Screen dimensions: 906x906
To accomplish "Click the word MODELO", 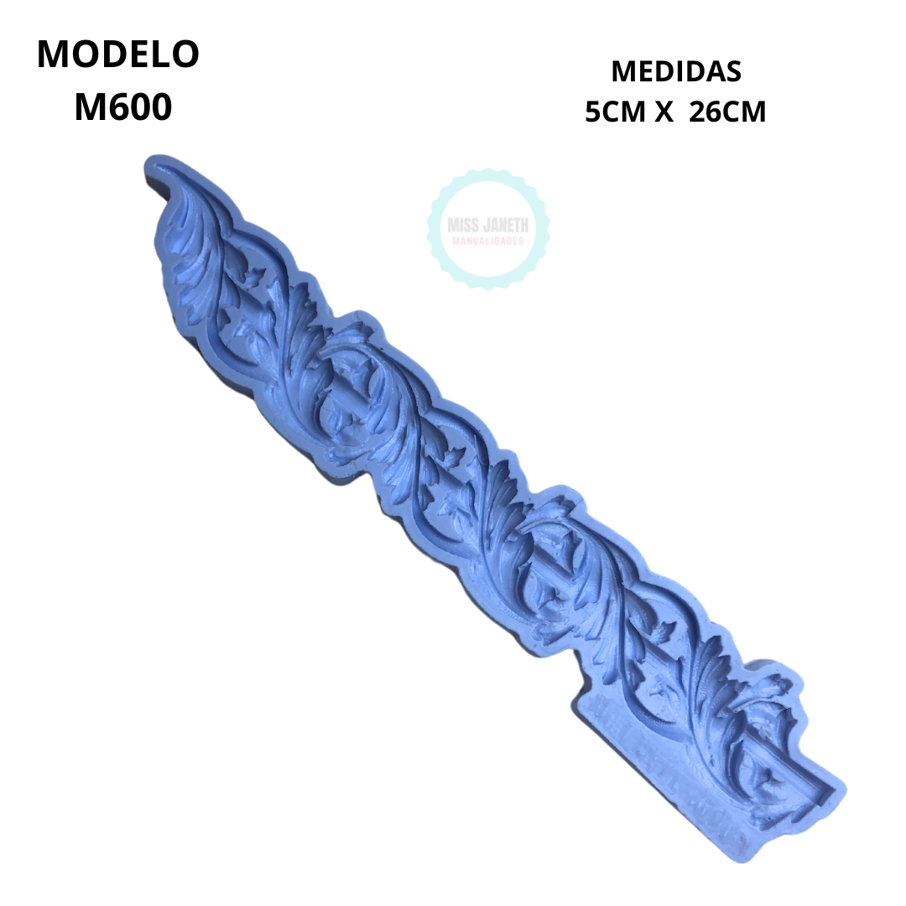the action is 118,55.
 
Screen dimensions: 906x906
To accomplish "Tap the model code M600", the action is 123,107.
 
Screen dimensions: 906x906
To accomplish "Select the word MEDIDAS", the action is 676,71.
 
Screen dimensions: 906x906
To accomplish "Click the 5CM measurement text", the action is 615,112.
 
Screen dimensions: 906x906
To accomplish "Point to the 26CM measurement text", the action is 727,112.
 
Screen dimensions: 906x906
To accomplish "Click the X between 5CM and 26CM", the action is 664,112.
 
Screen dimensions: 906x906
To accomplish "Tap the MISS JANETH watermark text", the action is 488,225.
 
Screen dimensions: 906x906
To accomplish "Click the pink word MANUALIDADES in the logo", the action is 488,241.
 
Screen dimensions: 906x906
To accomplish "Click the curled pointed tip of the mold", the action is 151,164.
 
